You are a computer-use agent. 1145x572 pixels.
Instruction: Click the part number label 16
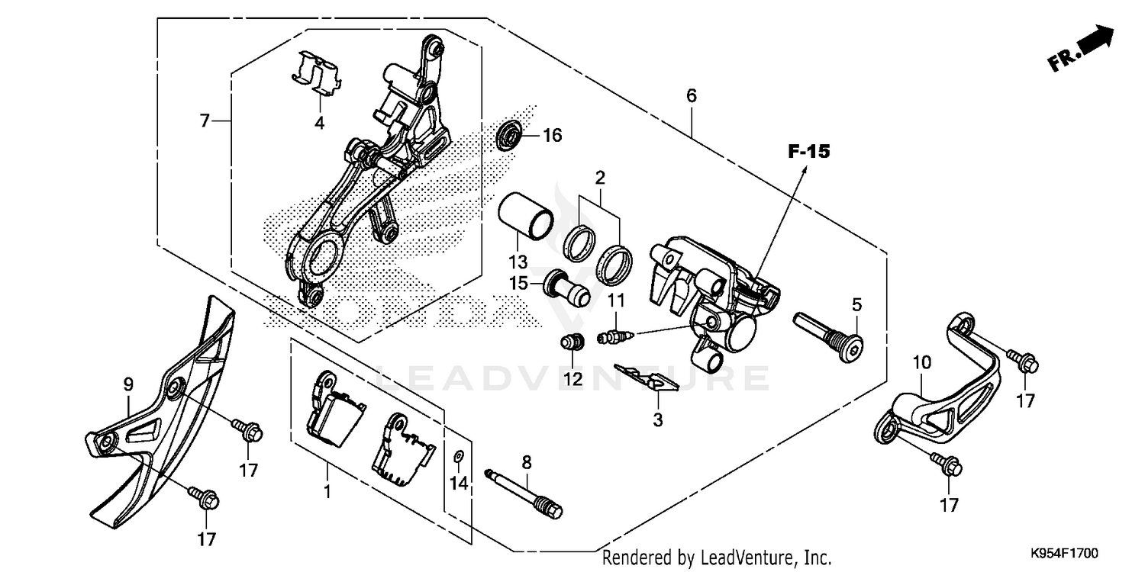552,136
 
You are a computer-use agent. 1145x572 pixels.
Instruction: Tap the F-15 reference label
808,153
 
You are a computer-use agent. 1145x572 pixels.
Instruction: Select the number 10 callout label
922,362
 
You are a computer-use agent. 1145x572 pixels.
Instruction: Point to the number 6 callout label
692,96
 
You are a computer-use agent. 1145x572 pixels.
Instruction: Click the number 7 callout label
205,121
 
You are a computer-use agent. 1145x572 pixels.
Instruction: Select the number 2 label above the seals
600,178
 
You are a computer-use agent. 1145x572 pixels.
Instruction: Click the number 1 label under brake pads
327,492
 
